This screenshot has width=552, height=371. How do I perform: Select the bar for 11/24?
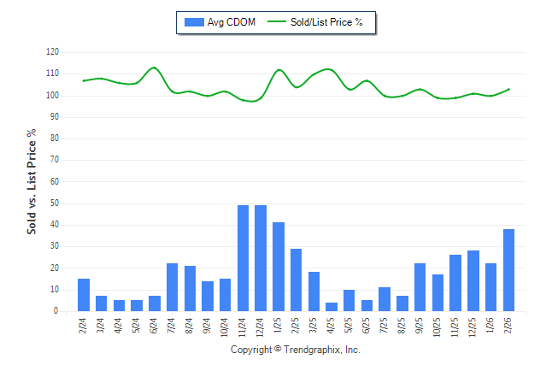pos(244,258)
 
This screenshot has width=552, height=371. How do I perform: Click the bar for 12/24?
pos(261,258)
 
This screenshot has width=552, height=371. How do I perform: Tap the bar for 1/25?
pos(279,267)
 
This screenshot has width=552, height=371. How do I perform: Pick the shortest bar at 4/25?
pos(332,307)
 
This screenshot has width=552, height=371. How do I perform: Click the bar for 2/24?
pos(84,295)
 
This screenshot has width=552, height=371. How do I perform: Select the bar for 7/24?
pos(172,287)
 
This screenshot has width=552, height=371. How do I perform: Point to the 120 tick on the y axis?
pos(52,52)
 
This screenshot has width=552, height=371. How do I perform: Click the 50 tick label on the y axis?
pos(54,203)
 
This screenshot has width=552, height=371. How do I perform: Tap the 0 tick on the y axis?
pos(56,311)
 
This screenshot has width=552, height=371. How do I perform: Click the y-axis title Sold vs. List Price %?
pos(32,182)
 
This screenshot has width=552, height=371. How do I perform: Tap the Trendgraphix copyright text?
pos(296,350)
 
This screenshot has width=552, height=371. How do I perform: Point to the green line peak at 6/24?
pos(154,68)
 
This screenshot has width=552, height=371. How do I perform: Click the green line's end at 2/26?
pos(509,89)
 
